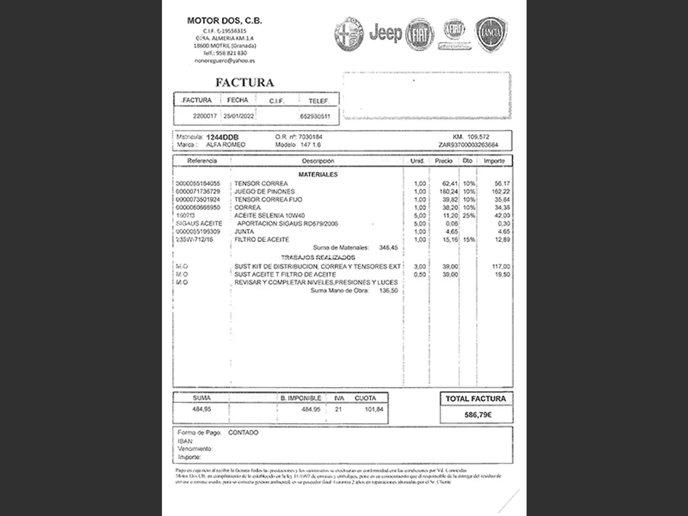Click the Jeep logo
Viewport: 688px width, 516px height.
(x=386, y=33)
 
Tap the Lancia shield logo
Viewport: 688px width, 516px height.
(x=491, y=33)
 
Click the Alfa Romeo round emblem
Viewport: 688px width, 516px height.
(x=349, y=34)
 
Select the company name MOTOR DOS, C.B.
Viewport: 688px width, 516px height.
(x=225, y=21)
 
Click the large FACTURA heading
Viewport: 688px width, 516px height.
(x=245, y=83)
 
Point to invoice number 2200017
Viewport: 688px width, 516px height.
(x=205, y=116)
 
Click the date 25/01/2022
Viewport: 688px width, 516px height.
(x=239, y=116)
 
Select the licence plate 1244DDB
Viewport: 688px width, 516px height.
(x=222, y=137)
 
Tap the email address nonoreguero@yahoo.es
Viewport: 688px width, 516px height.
(x=225, y=61)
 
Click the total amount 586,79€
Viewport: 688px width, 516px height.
(x=478, y=415)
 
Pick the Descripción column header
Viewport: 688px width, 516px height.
(x=318, y=161)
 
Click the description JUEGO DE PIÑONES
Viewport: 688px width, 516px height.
(x=264, y=192)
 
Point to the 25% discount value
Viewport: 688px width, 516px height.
(x=469, y=215)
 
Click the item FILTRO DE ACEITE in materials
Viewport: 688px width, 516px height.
(x=261, y=240)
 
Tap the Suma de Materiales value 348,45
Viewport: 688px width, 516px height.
(x=388, y=247)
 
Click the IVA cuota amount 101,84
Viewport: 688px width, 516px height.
(x=374, y=409)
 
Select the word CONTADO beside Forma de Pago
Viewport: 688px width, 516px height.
(x=243, y=432)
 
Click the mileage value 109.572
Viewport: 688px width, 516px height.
(x=478, y=137)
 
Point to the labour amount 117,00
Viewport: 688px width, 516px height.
(x=501, y=267)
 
